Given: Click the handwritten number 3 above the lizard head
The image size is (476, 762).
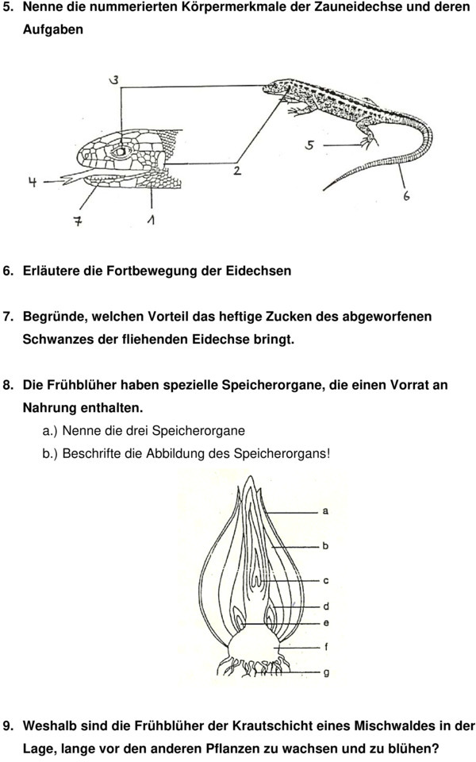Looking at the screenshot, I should (x=114, y=79).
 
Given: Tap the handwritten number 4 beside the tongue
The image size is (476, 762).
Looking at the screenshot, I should (x=33, y=183).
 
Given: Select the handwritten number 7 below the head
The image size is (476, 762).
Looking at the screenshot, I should (x=78, y=221).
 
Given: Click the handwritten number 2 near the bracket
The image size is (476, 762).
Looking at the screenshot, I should (x=237, y=171).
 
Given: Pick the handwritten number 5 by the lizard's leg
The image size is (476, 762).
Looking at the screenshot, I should (x=310, y=145).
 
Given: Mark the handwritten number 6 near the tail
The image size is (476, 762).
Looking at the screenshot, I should (x=407, y=194).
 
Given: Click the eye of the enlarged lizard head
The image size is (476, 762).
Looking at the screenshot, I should (x=121, y=151).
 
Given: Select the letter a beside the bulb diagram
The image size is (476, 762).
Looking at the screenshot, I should (x=325, y=511).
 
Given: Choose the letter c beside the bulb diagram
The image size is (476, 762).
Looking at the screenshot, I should (x=325, y=580).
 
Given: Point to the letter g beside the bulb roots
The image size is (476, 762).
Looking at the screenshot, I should (x=325, y=672).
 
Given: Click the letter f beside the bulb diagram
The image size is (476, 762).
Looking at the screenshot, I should (x=325, y=646).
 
